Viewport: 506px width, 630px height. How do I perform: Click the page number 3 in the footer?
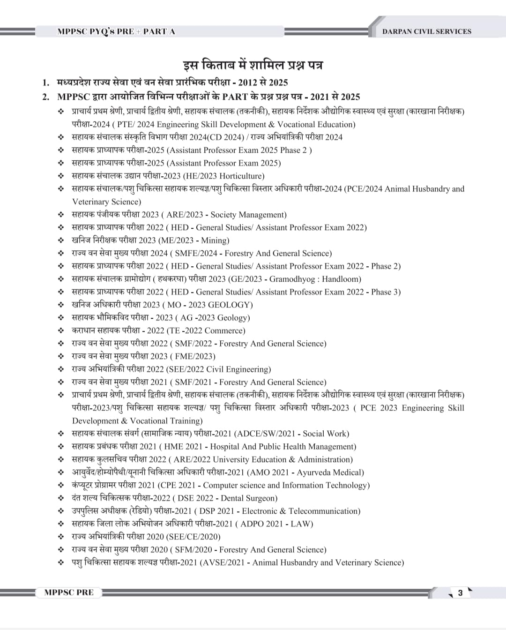[460, 593]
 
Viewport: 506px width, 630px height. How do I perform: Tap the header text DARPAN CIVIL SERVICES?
[427, 31]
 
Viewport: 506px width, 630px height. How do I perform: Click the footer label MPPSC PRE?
[69, 592]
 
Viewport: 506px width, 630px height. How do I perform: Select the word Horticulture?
[242, 176]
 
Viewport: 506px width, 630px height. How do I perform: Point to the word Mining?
[215, 240]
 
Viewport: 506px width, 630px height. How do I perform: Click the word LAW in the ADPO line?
[301, 524]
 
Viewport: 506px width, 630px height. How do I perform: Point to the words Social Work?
[326, 434]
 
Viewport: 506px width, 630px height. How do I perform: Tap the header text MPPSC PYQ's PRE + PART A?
[116, 31]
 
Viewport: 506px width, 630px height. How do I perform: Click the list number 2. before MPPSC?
[46, 97]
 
